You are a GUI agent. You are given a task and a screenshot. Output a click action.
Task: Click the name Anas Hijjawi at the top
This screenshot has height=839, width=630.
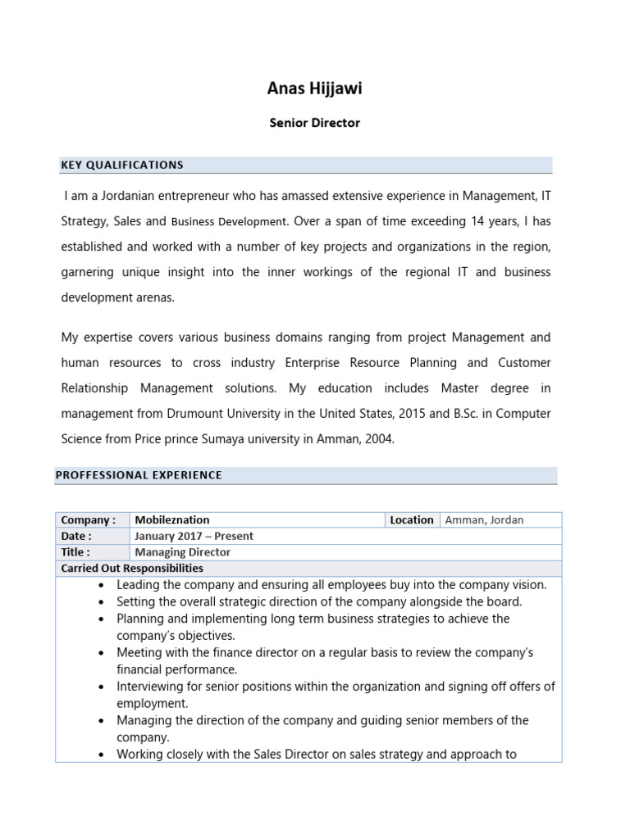pos(314,89)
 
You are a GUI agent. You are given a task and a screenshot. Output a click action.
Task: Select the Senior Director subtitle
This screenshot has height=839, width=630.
pos(315,123)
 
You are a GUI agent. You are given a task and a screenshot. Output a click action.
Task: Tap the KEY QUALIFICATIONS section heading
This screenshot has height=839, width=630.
pos(122,165)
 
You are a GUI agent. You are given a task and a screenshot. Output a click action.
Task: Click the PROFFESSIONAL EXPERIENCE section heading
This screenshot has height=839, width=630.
pos(139,475)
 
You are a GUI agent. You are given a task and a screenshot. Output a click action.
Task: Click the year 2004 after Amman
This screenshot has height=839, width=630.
pos(378,438)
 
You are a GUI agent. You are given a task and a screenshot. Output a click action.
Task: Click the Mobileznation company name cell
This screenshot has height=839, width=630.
pos(172,519)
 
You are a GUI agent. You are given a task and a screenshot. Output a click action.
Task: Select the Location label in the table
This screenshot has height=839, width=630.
pos(412,519)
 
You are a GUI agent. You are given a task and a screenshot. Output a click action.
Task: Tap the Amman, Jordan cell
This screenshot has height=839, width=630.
pos(484,519)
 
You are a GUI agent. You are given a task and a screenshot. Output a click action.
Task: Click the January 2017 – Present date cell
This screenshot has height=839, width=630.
pos(194,536)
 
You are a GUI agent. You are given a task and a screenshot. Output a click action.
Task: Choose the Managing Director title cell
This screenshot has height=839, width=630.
pos(183,552)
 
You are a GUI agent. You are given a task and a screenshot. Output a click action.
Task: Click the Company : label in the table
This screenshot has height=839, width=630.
pos(89,519)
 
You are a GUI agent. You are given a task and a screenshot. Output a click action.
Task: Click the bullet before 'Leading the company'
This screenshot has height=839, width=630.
pos(100,586)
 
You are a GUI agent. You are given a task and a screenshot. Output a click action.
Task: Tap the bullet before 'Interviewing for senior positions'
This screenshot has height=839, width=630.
pos(100,687)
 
